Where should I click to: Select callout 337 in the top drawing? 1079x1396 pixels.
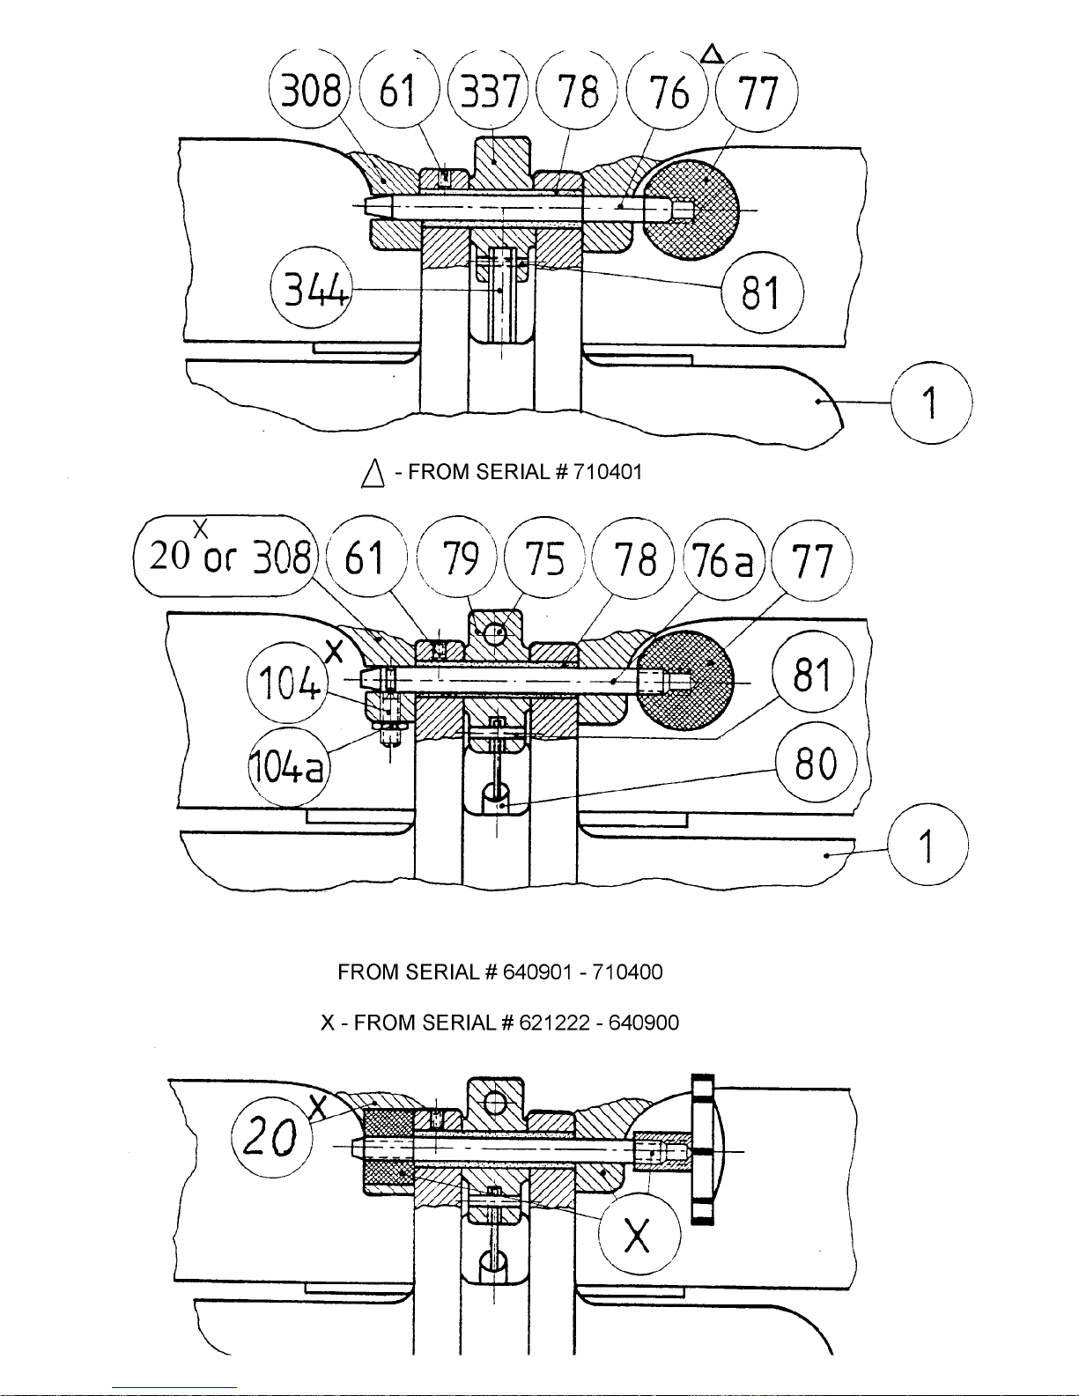pyautogui.click(x=488, y=90)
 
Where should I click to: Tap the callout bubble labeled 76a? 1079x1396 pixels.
pyautogui.click(x=722, y=558)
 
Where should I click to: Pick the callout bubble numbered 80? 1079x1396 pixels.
pyautogui.click(x=817, y=764)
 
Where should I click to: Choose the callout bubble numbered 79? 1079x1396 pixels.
pyautogui.click(x=456, y=557)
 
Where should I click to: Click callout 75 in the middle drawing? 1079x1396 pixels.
pyautogui.click(x=544, y=558)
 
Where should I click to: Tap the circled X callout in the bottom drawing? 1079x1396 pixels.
pyautogui.click(x=639, y=1234)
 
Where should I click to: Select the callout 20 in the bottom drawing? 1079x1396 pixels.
pyautogui.click(x=272, y=1136)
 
